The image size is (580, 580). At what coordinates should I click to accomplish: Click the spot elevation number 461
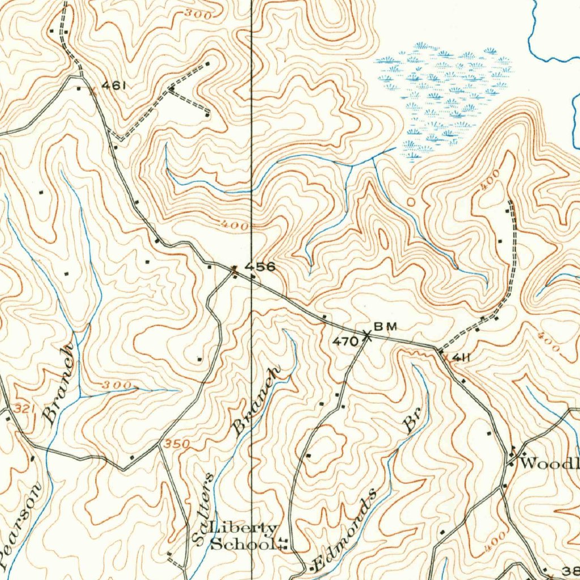[x=113, y=86]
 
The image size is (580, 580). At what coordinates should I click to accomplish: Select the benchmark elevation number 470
[x=345, y=341]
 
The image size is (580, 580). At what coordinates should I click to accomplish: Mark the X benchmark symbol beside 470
[x=368, y=335]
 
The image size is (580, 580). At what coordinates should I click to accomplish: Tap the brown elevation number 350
[x=176, y=445]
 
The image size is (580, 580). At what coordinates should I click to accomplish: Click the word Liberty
[x=244, y=529]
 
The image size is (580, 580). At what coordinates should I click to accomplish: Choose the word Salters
[x=203, y=509]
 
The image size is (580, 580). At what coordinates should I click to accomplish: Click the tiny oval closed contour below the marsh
[x=411, y=201]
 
